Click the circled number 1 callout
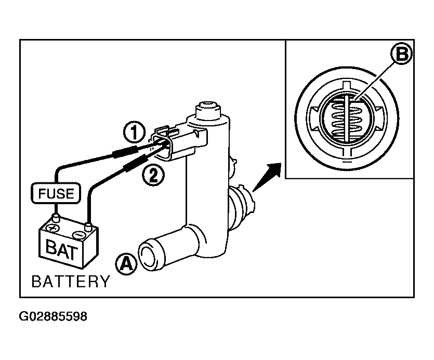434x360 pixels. coord(134,132)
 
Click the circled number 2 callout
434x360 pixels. coord(153,175)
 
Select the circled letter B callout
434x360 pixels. coord(401,54)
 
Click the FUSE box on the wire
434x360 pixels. coord(56,193)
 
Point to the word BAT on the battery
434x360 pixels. coord(61,249)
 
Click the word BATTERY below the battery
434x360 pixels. coord(71,282)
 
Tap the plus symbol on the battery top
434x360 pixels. coord(52,228)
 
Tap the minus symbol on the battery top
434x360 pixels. coord(78,235)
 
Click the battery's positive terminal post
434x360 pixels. coord(57,218)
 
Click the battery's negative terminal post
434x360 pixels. coord(88,226)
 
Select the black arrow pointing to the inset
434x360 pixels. coord(267,177)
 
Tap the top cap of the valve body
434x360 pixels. coord(208,110)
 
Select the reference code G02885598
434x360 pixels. coord(53,316)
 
